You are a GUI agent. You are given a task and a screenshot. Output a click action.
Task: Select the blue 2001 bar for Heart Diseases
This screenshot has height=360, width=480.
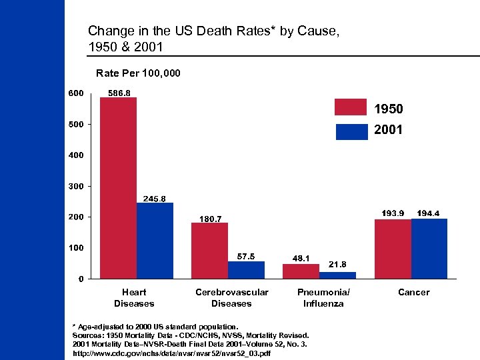[155, 241]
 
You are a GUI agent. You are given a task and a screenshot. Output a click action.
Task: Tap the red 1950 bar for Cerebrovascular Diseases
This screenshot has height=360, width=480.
[209, 251]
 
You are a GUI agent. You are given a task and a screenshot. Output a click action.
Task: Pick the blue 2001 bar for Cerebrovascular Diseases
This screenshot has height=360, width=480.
[246, 270]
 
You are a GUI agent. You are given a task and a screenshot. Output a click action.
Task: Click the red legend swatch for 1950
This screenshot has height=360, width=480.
[351, 107]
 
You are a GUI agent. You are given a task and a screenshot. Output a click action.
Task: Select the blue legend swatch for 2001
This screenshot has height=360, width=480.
[351, 131]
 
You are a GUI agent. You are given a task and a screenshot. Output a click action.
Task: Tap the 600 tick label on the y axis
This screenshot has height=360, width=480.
[75, 93]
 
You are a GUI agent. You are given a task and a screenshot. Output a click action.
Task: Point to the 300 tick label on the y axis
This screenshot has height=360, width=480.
[75, 186]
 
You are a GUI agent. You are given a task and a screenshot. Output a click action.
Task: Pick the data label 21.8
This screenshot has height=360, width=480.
[337, 264]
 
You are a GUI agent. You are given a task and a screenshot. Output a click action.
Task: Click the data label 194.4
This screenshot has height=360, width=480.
[428, 213]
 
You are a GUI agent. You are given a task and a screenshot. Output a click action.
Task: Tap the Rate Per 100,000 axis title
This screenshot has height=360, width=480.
[138, 73]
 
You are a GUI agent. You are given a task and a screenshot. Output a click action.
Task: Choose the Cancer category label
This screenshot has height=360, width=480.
[413, 292]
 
